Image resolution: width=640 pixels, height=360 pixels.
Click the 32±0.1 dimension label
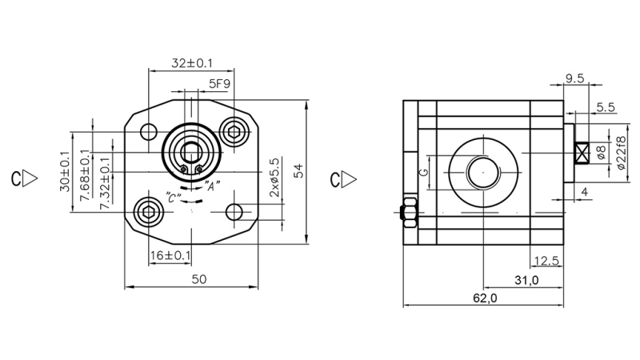[x=191, y=63]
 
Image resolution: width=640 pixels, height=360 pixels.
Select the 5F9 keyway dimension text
[x=219, y=83]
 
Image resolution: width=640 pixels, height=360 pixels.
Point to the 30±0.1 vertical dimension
[x=65, y=171]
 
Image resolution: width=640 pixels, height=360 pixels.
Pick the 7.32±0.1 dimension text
[x=105, y=183]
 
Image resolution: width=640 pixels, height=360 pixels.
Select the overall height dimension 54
[x=298, y=170]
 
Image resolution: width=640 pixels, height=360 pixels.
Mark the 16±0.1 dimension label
[x=170, y=255]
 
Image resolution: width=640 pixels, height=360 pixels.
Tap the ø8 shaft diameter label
[x=601, y=151]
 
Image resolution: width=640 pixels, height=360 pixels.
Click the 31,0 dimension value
[x=526, y=279]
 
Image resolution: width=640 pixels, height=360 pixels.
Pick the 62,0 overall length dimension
[x=485, y=298]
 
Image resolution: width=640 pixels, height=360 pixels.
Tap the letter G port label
[x=425, y=171]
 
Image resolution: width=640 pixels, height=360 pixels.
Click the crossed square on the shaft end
[x=583, y=151]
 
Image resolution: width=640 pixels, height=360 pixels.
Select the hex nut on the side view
[x=406, y=212]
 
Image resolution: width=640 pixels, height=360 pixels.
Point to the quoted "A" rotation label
[x=213, y=186]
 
